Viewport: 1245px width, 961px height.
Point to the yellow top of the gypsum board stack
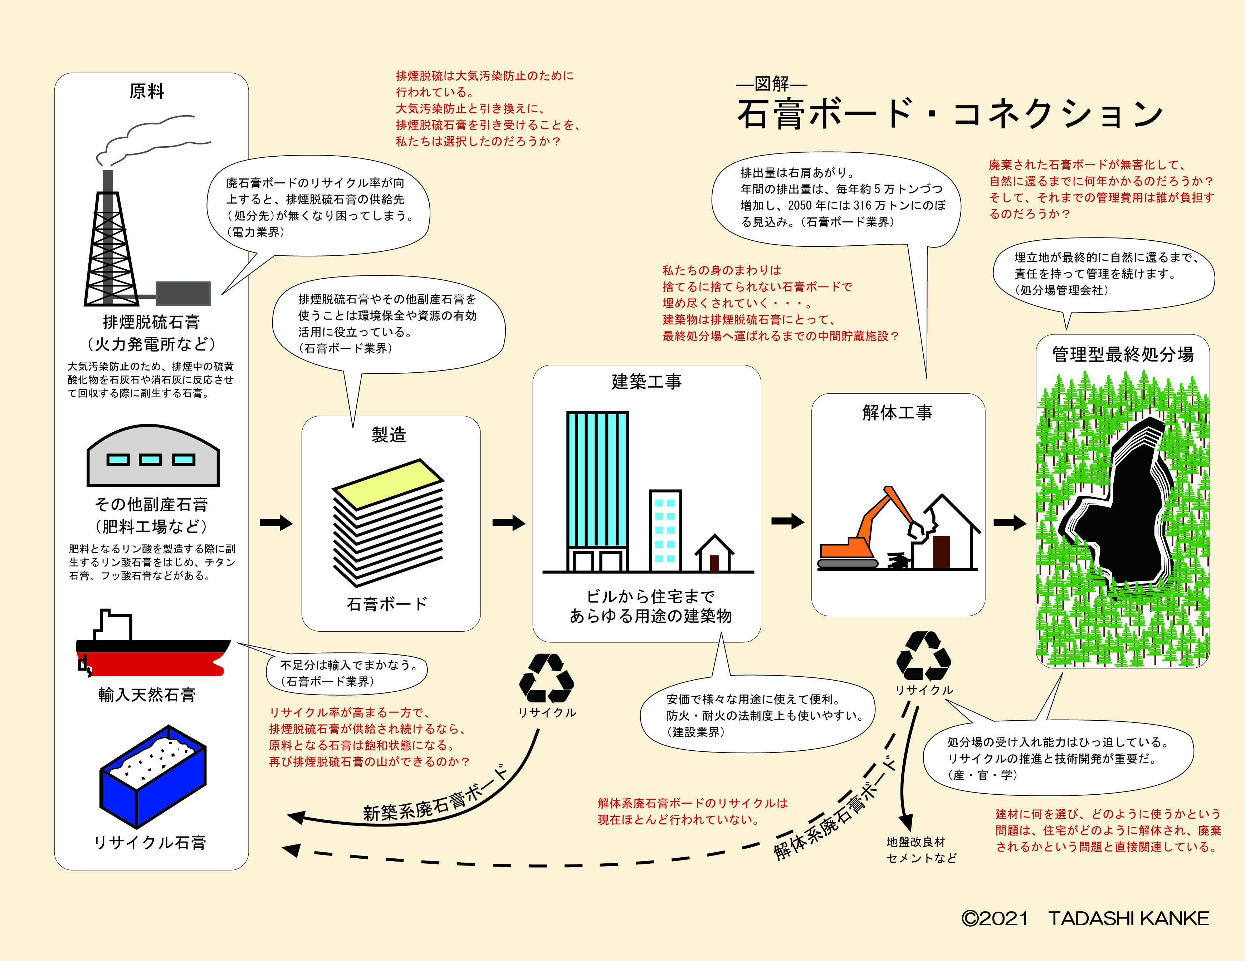(x=388, y=483)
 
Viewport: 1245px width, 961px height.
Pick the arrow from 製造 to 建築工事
(x=508, y=522)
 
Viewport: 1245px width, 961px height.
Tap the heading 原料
(x=147, y=91)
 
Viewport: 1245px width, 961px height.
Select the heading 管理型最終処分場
(x=1122, y=354)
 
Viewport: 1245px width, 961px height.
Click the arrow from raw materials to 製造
(x=276, y=523)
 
